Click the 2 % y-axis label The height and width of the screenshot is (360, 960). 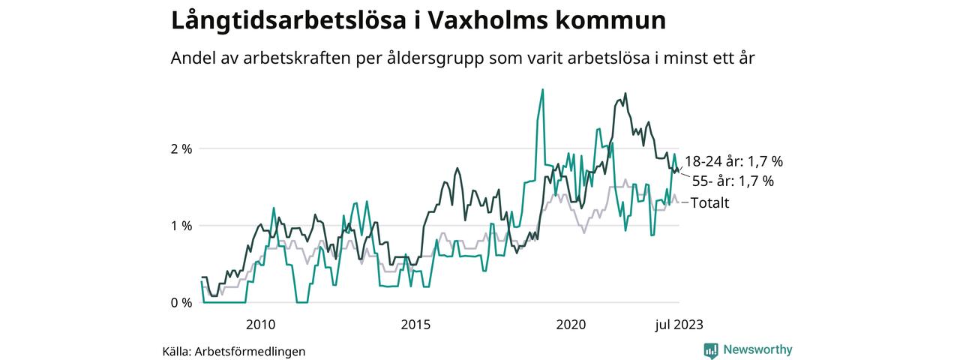click(x=182, y=148)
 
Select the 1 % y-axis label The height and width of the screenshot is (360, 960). click(x=182, y=226)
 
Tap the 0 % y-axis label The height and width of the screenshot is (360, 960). click(x=182, y=302)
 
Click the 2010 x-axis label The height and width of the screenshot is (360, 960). click(x=259, y=325)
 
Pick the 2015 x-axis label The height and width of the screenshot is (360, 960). click(x=415, y=325)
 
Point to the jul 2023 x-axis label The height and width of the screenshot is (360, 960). click(x=679, y=325)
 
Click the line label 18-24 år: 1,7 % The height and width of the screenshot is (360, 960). click(x=733, y=161)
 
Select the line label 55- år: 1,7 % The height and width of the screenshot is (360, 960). click(x=733, y=181)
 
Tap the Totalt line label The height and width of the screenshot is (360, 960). click(x=709, y=202)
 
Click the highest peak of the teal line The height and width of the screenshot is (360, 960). click(x=542, y=89)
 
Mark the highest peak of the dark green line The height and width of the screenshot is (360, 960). click(x=625, y=94)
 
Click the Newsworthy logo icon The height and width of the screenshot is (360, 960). click(x=710, y=350)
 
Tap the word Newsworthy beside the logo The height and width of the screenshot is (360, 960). click(x=757, y=349)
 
